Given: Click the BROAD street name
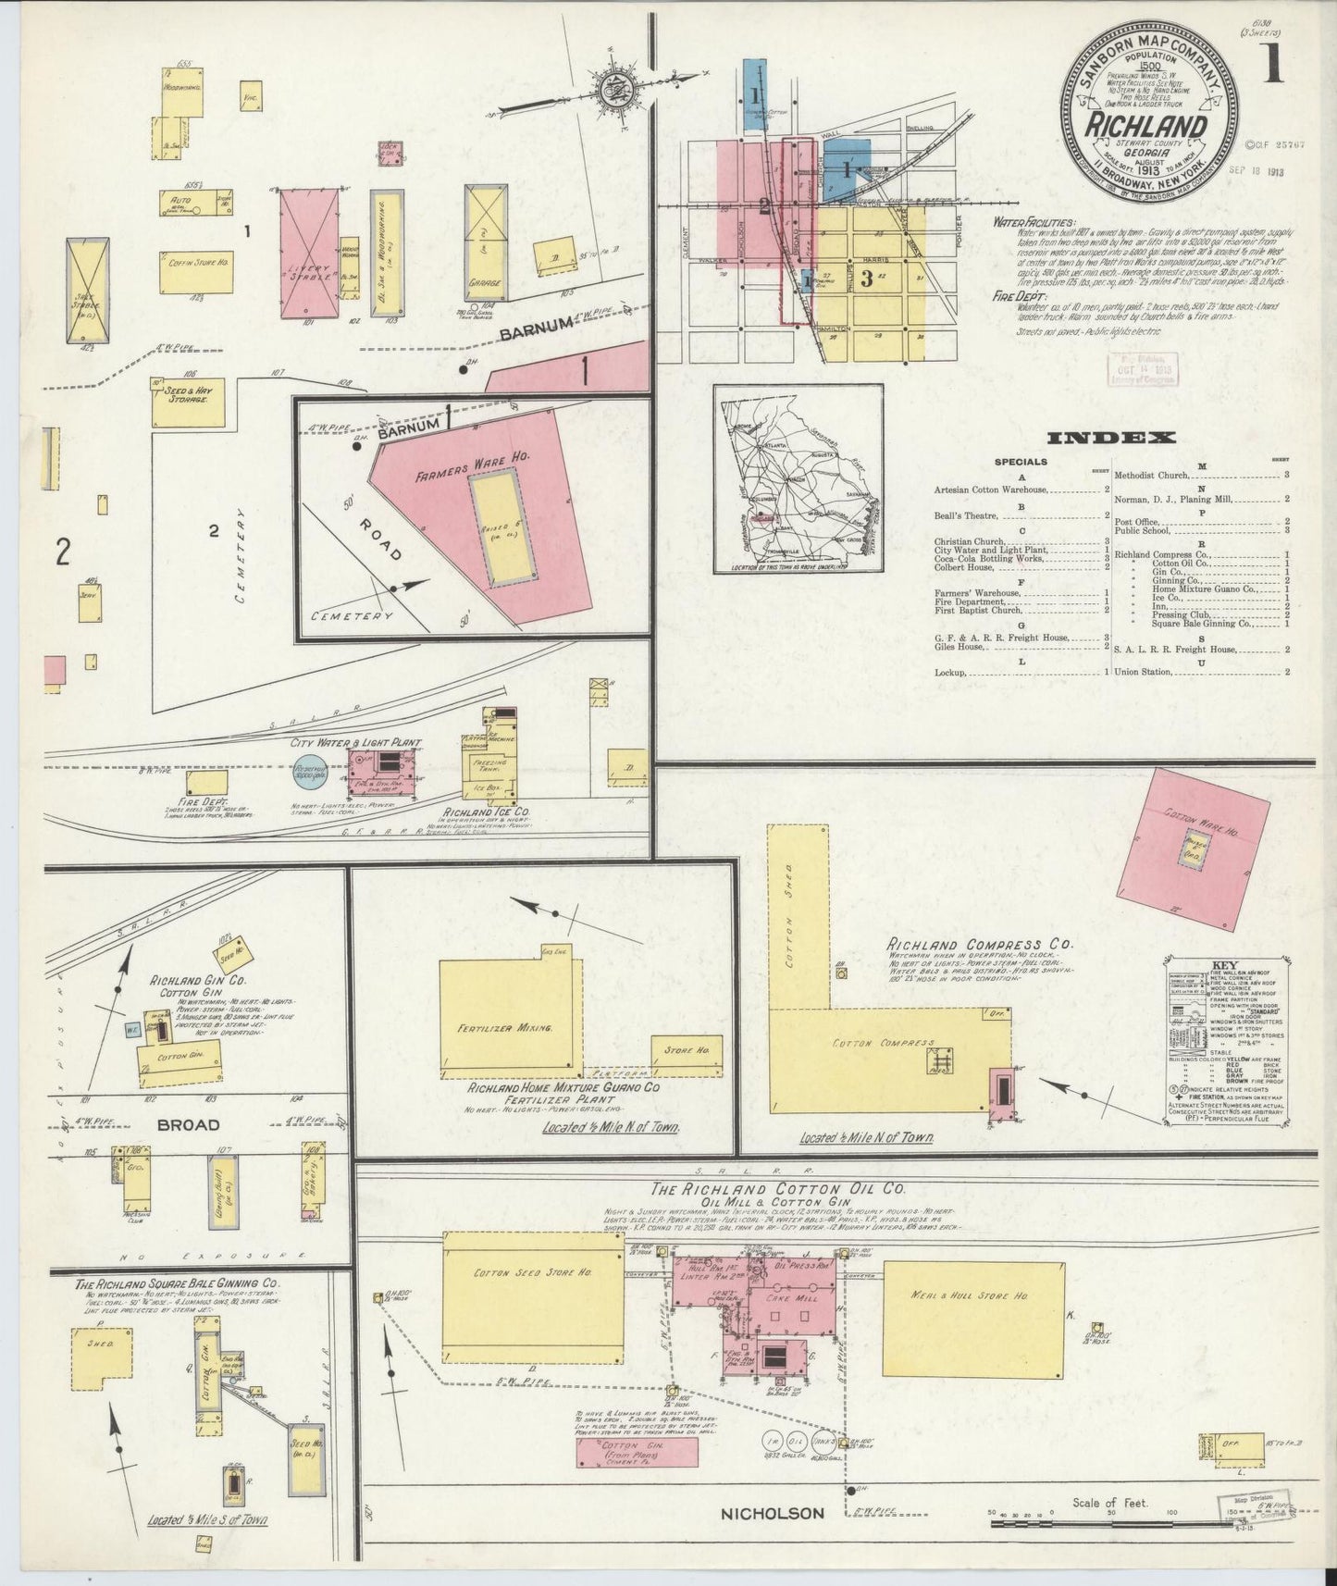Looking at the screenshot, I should coord(189,1124).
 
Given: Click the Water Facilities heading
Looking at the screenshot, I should coord(1034,223).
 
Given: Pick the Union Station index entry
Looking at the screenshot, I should coord(1143,672).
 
